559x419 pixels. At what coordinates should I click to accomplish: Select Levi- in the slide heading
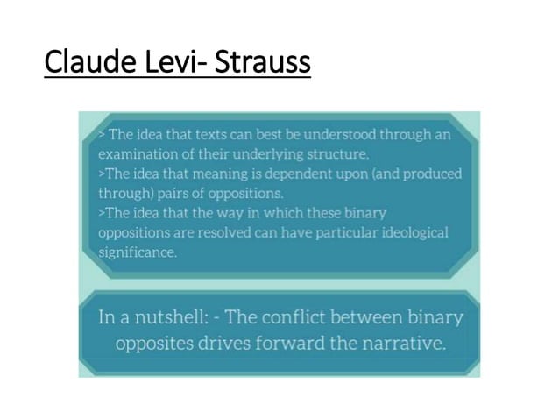tap(175, 64)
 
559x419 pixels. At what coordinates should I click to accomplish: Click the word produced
tap(432, 173)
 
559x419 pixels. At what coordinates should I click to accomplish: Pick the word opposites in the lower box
tap(156, 342)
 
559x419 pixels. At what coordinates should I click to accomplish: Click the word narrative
tap(400, 342)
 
